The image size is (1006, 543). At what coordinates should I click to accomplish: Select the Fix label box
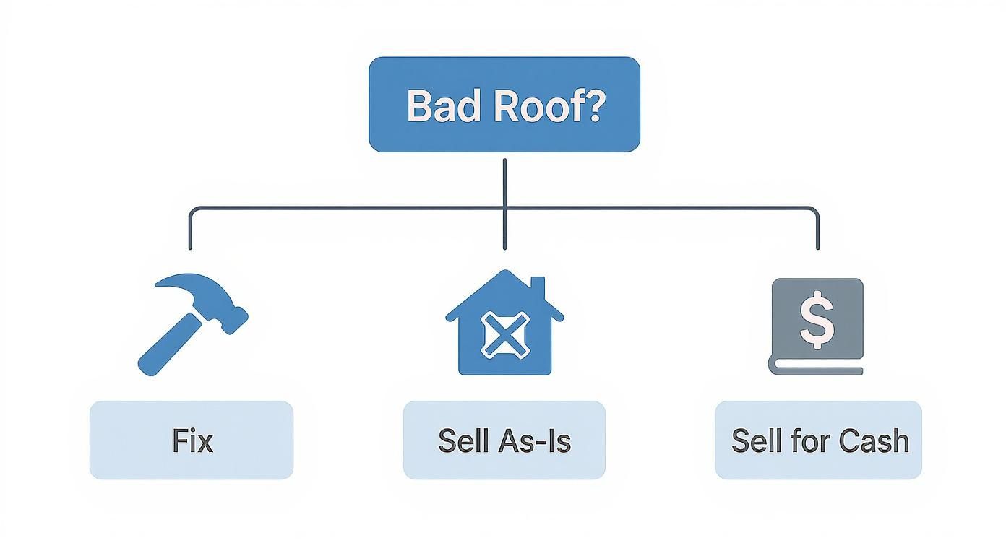[192, 440]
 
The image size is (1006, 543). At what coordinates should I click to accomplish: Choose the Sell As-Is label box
[504, 440]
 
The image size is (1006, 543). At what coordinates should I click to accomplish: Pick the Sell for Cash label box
[818, 440]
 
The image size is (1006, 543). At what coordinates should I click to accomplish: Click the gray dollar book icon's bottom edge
[817, 370]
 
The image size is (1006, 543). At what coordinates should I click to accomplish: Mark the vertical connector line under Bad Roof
[504, 184]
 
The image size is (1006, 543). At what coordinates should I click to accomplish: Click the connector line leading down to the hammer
[191, 231]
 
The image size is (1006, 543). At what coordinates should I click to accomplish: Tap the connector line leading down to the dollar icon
[817, 231]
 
